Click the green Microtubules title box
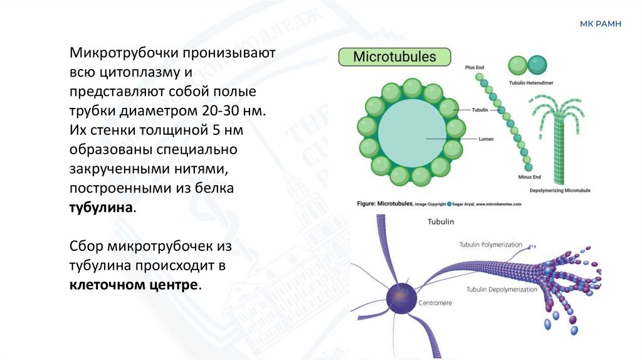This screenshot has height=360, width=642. [x=395, y=57]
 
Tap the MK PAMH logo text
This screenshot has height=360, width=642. [x=601, y=24]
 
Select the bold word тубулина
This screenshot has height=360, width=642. [x=101, y=207]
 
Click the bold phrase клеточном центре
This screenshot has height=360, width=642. [x=134, y=285]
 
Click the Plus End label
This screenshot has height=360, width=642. [x=475, y=66]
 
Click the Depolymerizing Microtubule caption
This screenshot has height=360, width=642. [x=560, y=190]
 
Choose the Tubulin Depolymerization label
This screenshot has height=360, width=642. [x=502, y=290]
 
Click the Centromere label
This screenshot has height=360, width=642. [x=434, y=303]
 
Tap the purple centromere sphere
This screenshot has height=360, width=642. [x=401, y=297]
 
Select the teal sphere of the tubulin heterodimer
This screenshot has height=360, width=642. [x=537, y=65]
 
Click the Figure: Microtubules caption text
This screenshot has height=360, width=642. [x=386, y=204]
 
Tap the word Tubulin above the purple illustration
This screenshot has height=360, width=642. [x=440, y=221]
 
